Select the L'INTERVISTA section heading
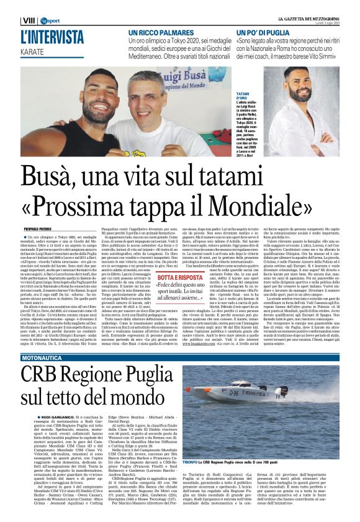tap(52, 37)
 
